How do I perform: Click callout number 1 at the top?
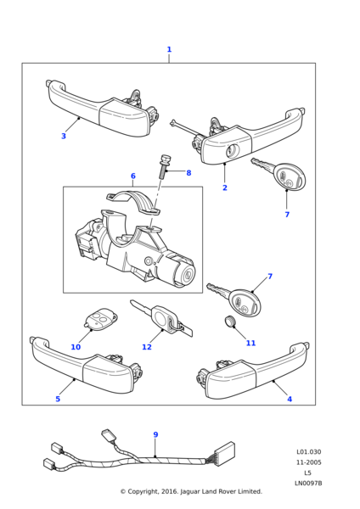(x=169, y=49)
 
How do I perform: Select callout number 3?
(x=64, y=136)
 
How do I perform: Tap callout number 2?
(x=225, y=187)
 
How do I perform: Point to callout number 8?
(x=188, y=173)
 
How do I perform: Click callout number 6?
(x=133, y=176)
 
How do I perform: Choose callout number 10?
(x=76, y=347)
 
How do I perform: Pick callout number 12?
(x=147, y=347)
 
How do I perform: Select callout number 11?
(x=250, y=343)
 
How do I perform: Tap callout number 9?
(x=155, y=434)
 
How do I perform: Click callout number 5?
(x=58, y=399)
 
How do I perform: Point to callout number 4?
(x=290, y=399)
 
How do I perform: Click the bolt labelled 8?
(x=164, y=167)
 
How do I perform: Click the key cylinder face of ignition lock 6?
(x=188, y=275)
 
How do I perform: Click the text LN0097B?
(x=308, y=484)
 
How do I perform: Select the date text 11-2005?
(x=308, y=462)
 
